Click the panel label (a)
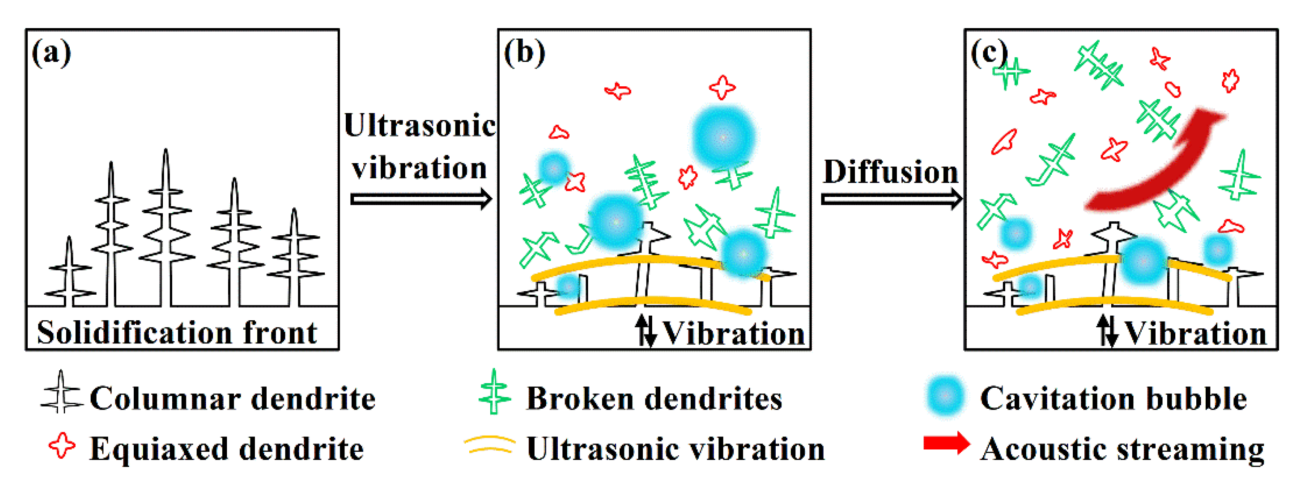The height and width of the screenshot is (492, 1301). tap(51, 53)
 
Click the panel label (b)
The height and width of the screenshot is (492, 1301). tap(524, 53)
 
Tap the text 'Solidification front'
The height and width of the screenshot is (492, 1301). tap(177, 333)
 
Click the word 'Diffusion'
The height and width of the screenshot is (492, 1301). tap(890, 172)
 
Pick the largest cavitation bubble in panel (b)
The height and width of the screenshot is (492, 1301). tap(723, 137)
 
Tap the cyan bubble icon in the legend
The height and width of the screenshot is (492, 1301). tap(945, 397)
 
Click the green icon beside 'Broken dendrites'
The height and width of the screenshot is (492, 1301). tap(494, 392)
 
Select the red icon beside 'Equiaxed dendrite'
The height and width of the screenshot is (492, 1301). tap(62, 445)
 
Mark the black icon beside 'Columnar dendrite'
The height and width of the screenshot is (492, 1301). tap(61, 392)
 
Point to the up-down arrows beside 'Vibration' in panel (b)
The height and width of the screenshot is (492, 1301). tap(645, 331)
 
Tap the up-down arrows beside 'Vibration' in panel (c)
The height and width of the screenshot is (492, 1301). tap(1107, 331)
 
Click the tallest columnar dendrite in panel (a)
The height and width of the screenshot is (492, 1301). tap(166, 227)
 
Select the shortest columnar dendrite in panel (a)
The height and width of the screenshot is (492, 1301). tap(69, 272)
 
